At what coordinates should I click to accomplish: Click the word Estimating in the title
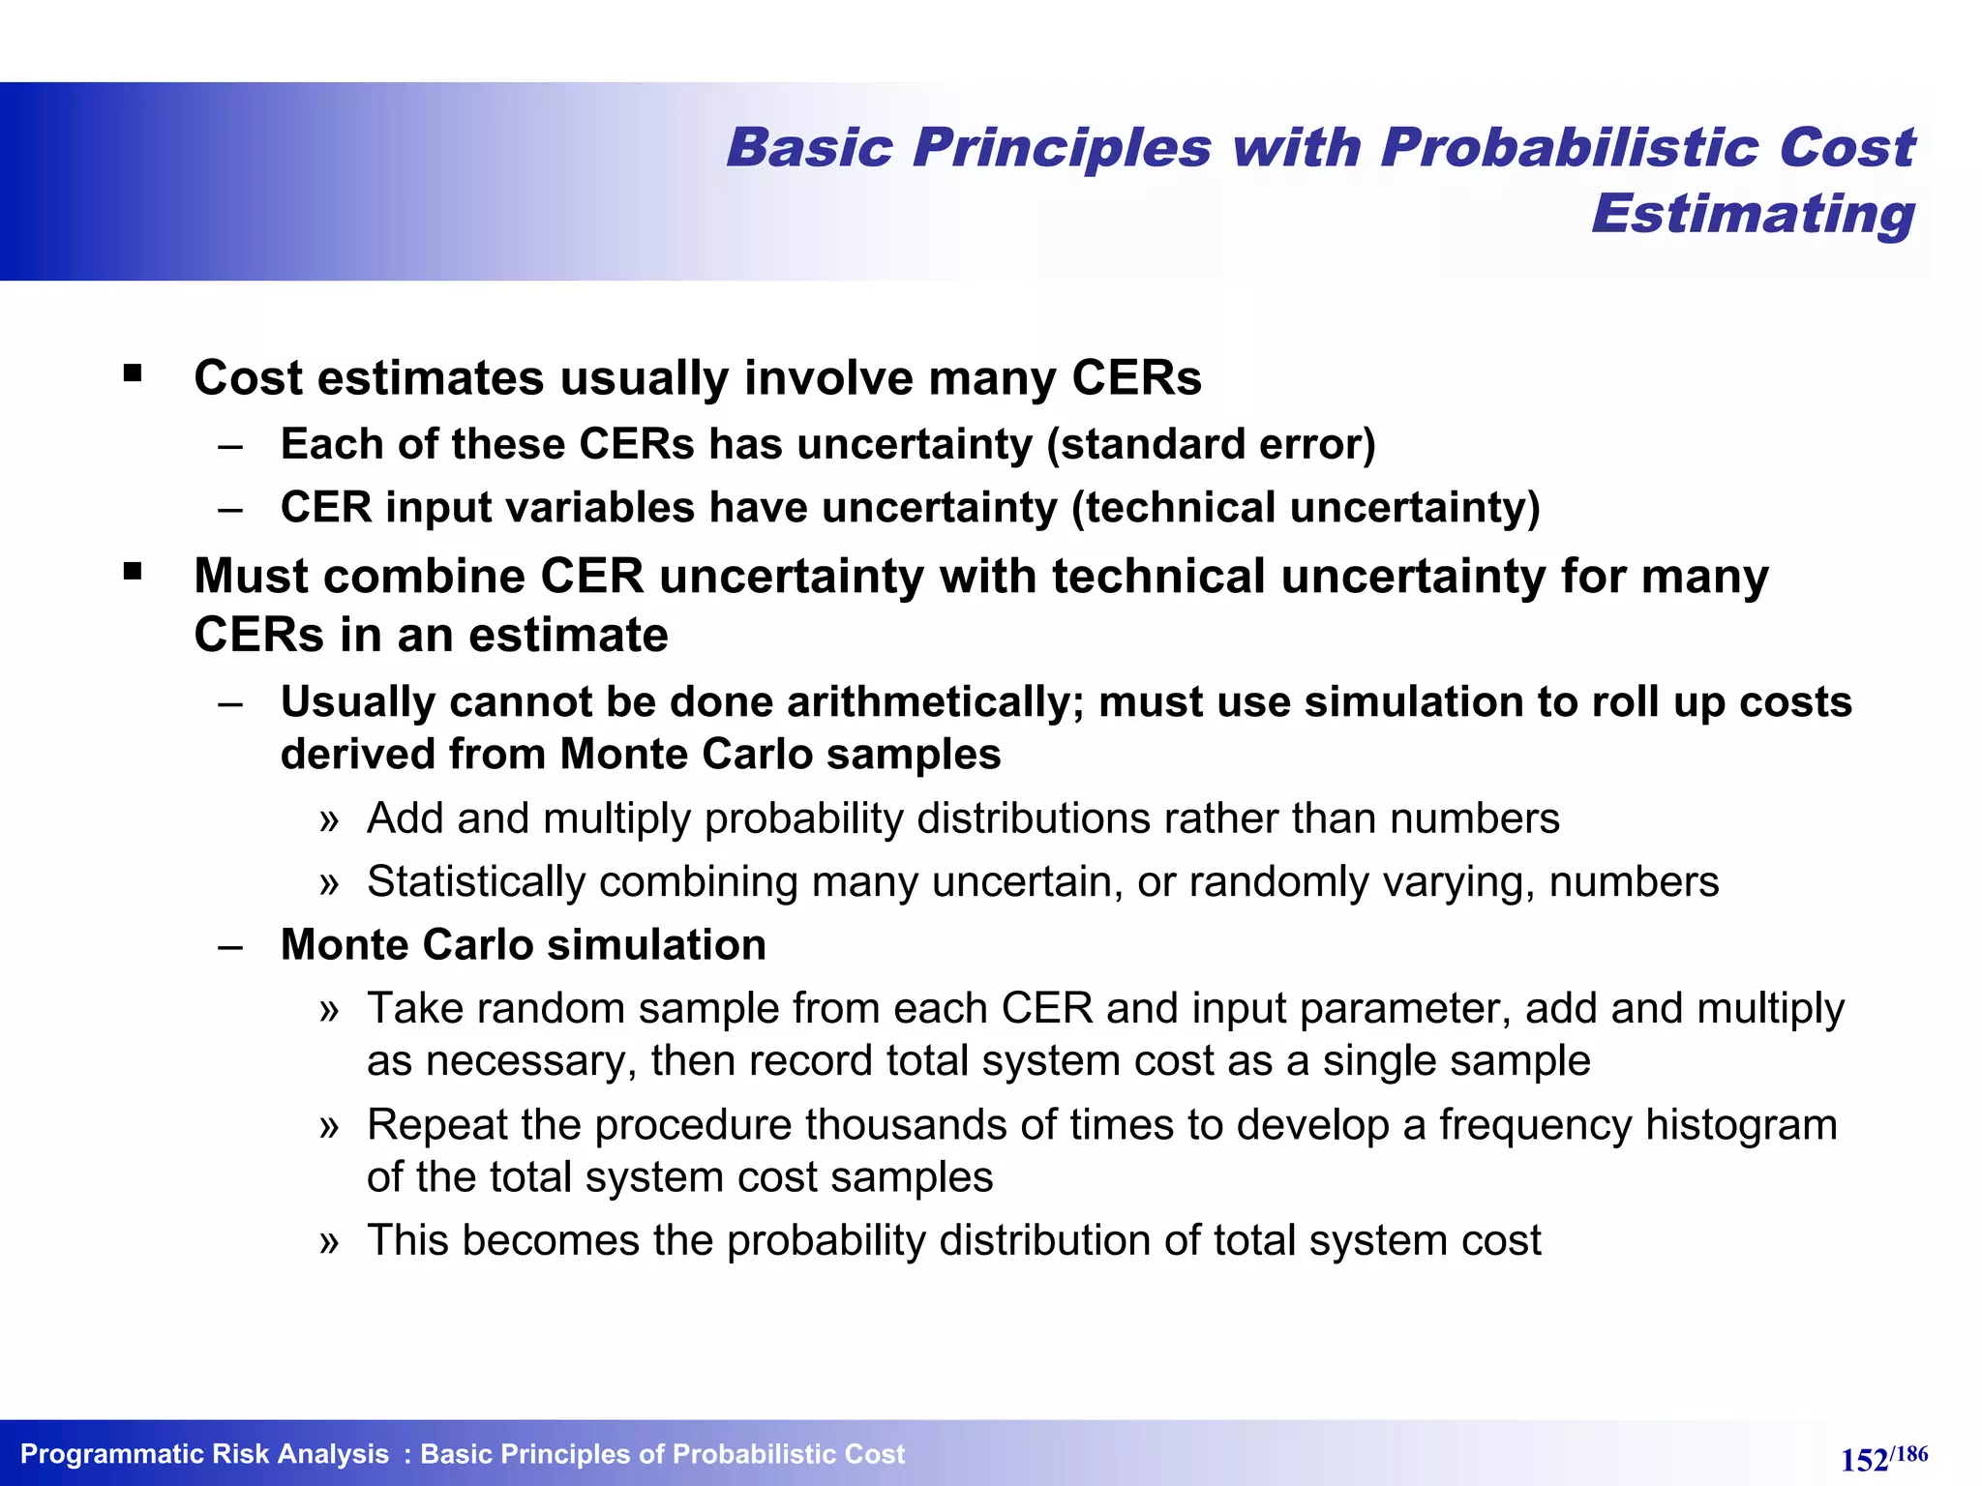[1753, 214]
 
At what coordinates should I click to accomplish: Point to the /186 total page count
[1909, 1453]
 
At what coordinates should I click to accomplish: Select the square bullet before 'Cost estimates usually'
[133, 373]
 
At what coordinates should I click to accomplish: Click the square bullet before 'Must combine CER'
[133, 572]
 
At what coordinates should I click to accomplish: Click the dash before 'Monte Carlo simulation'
[230, 945]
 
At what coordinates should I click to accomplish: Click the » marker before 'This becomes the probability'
[329, 1241]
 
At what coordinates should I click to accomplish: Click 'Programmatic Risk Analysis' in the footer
[204, 1454]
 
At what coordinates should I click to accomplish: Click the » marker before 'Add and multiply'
[329, 820]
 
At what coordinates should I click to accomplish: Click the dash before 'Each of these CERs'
[230, 445]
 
